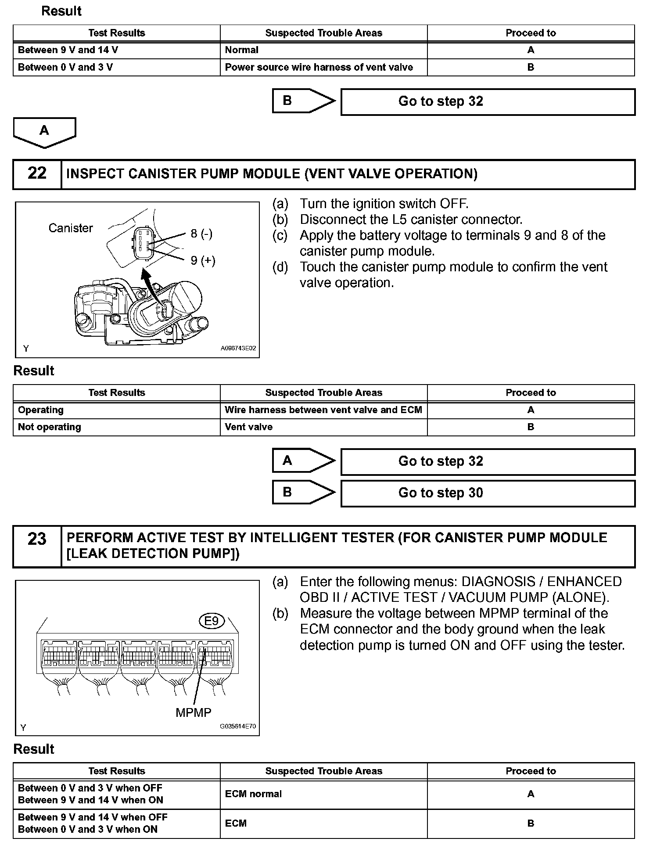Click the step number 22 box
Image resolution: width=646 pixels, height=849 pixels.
37,174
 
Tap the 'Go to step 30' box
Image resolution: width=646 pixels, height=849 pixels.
487,493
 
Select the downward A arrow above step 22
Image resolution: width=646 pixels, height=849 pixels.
44,132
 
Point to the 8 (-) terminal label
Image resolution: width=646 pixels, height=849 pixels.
201,234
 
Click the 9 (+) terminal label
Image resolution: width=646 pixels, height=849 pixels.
203,261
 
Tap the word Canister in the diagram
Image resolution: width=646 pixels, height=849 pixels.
71,228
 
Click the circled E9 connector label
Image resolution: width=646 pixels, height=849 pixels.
212,621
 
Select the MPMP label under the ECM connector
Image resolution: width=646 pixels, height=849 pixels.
193,712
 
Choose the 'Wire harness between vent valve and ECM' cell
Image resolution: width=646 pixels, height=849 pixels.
323,410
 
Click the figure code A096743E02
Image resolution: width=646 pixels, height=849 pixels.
238,349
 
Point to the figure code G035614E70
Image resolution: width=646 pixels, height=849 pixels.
237,727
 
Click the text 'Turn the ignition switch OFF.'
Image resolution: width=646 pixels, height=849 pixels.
384,204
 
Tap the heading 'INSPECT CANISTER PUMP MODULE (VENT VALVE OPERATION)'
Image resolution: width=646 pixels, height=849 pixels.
272,174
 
